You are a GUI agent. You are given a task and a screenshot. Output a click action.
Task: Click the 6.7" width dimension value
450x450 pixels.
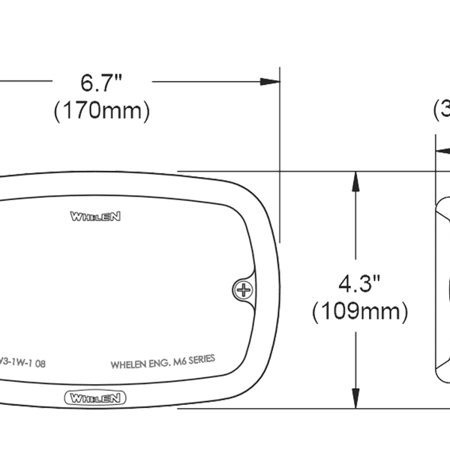coord(101,80)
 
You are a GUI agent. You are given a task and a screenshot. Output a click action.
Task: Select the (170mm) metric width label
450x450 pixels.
coord(101,111)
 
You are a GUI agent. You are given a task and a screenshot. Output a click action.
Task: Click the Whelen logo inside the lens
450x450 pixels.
coord(96,217)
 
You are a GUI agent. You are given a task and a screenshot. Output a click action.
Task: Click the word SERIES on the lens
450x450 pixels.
coord(199,361)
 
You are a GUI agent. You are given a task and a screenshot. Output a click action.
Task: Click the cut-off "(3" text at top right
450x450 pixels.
coord(441,111)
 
